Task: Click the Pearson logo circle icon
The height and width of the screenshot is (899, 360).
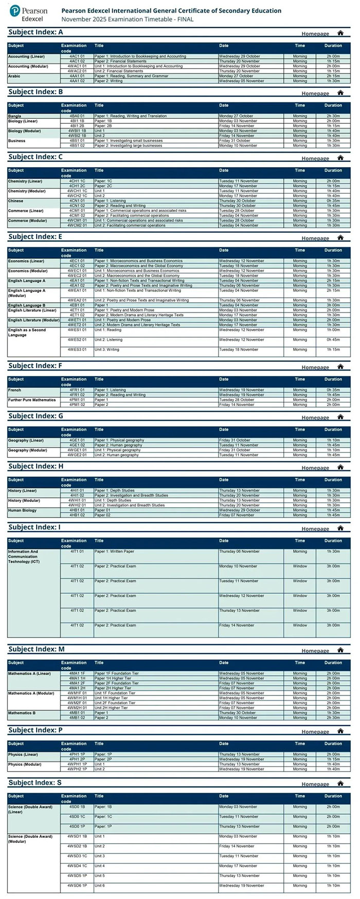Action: coord(14,11)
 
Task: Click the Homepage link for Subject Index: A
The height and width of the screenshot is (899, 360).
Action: coord(315,34)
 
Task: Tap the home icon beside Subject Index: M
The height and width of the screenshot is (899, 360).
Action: coord(340,650)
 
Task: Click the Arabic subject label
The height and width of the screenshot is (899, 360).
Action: coord(14,76)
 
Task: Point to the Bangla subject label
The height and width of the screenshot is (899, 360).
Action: coord(15,116)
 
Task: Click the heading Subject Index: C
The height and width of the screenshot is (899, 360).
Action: coord(35,157)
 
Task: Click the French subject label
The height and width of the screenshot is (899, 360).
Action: coord(15,390)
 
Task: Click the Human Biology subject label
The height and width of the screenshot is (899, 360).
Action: coord(22,510)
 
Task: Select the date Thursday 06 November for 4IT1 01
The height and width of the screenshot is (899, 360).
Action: coord(239,552)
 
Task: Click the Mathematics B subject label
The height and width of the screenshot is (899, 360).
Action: coord(22,713)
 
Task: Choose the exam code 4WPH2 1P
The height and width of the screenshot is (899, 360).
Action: coord(77,769)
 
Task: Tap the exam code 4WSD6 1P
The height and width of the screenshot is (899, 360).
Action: coord(77,886)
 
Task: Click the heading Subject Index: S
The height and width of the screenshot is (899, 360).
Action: coord(35,782)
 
